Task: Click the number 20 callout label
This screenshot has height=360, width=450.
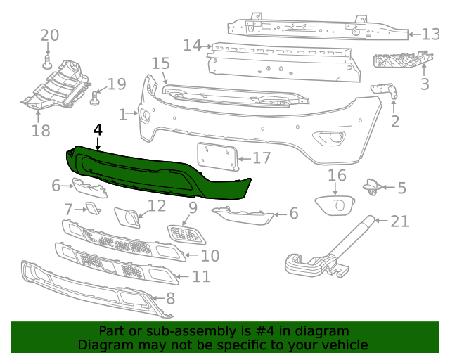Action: (49, 36)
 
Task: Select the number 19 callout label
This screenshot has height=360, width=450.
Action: (116, 84)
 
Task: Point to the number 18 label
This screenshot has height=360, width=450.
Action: (41, 130)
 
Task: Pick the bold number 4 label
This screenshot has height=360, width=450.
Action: (98, 130)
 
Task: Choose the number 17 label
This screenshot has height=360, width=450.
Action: (262, 157)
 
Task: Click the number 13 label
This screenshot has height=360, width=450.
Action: (430, 34)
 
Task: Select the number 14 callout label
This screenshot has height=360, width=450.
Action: (192, 46)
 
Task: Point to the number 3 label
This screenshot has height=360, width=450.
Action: (425, 85)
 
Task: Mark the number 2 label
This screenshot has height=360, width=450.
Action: (395, 122)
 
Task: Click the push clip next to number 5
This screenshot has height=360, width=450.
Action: (371, 187)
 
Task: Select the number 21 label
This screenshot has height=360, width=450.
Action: (399, 221)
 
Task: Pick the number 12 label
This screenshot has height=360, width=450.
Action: (157, 205)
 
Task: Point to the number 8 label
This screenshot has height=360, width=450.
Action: (170, 298)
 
